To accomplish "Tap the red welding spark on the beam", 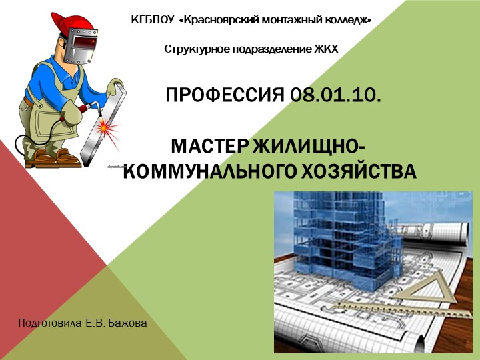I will [x=106, y=126].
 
